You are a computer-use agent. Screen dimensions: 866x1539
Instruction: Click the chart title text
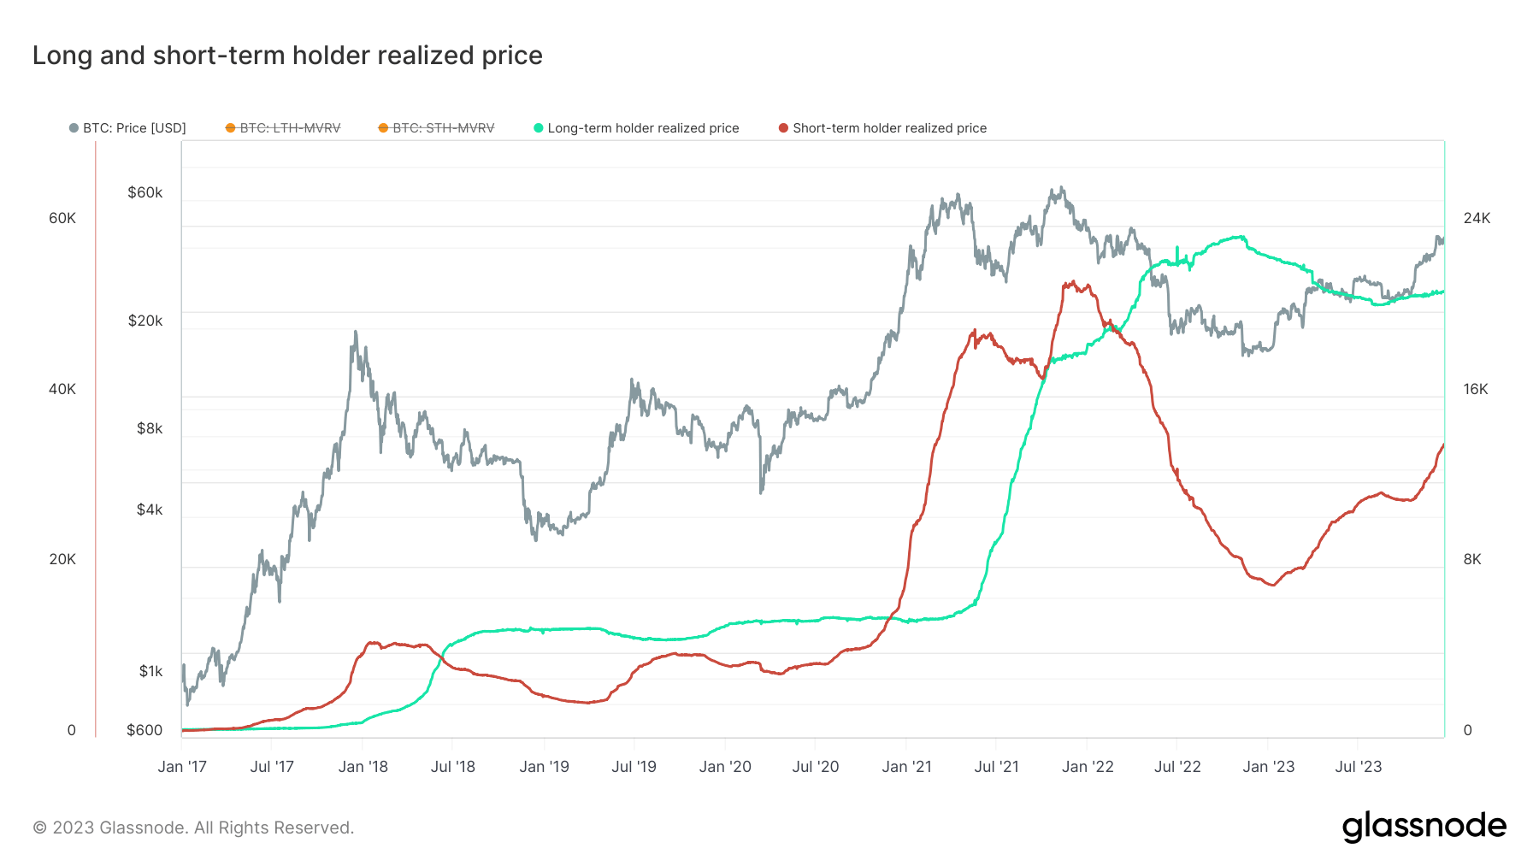click(287, 56)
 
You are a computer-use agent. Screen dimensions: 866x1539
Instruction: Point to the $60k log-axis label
click(144, 192)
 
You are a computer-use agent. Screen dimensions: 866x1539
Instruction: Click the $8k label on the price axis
click(150, 428)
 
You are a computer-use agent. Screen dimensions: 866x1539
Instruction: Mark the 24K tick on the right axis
click(1477, 218)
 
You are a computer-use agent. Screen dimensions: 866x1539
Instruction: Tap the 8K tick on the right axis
click(1472, 559)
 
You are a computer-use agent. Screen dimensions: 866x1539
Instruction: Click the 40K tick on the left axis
click(62, 389)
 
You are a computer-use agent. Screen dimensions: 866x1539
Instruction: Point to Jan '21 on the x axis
click(906, 767)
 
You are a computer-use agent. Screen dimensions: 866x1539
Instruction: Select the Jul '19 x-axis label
click(634, 767)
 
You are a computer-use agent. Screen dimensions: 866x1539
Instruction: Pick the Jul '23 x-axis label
click(1358, 767)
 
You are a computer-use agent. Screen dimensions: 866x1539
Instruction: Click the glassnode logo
click(1424, 827)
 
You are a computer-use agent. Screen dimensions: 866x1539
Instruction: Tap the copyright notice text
click(193, 828)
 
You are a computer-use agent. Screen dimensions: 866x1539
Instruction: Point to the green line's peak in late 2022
click(1239, 237)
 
